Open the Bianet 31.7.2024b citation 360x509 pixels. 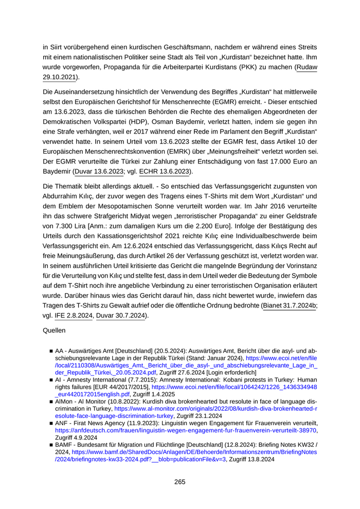pyautogui.click(x=290, y=305)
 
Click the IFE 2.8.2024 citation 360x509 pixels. pyautogui.click(x=73, y=316)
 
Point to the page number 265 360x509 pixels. pyautogui.click(x=179, y=482)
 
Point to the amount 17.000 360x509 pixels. pyautogui.click(x=272, y=161)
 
